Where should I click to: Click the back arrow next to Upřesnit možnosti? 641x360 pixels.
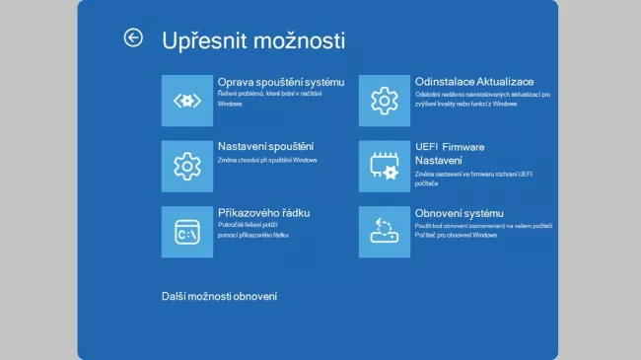tap(133, 37)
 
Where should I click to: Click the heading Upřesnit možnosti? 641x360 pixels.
tap(252, 40)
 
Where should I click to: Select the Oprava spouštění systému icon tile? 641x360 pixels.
tap(186, 100)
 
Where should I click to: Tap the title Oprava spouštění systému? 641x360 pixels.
tap(281, 81)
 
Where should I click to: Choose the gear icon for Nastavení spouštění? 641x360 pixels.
tap(186, 166)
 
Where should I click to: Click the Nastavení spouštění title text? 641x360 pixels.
tap(265, 147)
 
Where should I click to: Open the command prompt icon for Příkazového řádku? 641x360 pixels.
tap(186, 232)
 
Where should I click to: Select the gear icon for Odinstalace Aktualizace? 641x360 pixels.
tap(384, 100)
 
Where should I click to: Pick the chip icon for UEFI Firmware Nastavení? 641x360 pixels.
tap(384, 166)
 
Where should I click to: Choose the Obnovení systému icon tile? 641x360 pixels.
tap(384, 232)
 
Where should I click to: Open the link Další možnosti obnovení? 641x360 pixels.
tap(219, 296)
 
